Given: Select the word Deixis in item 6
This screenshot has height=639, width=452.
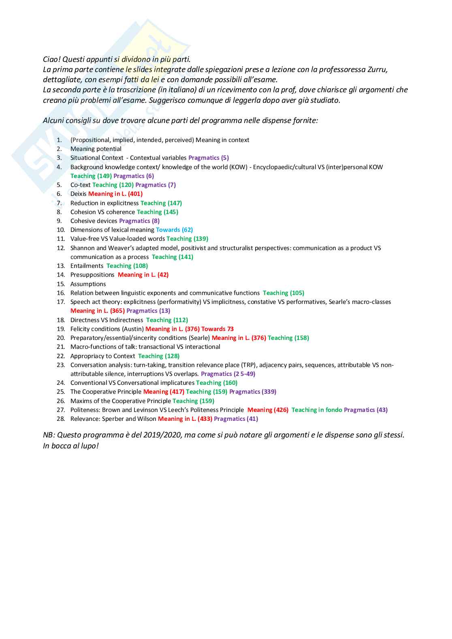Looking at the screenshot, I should point(78,194).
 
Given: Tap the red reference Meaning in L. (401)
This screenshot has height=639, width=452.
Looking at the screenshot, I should point(115,194).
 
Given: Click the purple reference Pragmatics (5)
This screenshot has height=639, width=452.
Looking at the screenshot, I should point(209,158).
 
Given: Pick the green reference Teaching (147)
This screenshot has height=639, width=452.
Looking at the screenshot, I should point(161,203).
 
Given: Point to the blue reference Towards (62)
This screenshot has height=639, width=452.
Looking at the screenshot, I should point(174,230).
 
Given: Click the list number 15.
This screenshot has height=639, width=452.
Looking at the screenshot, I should point(61,284).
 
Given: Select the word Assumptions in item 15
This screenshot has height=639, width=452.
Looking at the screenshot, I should point(88,284).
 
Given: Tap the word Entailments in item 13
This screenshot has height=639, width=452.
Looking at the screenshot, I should point(87,266).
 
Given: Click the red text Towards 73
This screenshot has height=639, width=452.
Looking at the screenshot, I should point(217,329).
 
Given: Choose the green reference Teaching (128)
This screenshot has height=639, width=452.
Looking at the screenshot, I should point(159,356).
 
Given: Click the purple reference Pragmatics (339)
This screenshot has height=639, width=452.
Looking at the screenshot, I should point(253,392).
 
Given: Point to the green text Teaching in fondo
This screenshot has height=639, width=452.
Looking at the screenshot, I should point(317,410).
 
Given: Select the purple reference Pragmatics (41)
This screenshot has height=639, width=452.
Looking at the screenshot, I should point(236,419).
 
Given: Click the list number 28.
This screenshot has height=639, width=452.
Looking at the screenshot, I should point(61,419).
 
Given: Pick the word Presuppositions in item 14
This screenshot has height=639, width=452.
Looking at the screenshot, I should point(92,275).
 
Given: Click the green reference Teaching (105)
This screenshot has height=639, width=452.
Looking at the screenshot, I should point(284,293).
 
